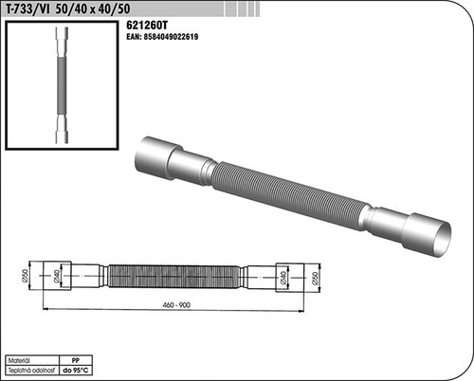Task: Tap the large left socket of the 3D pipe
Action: click(x=161, y=154)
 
